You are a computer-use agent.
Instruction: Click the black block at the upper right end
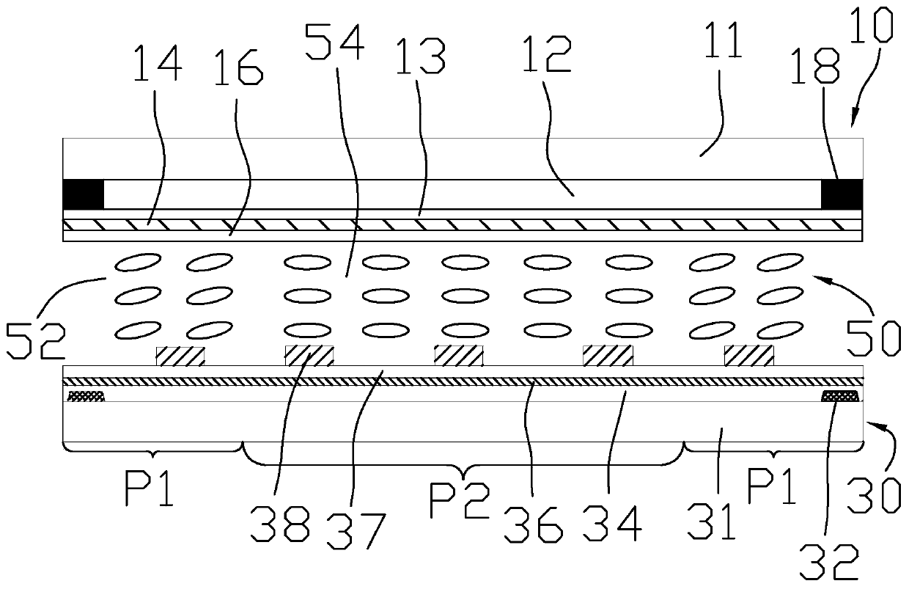842,194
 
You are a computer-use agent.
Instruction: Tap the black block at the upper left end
84,194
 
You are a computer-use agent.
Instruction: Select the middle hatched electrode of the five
459,356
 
